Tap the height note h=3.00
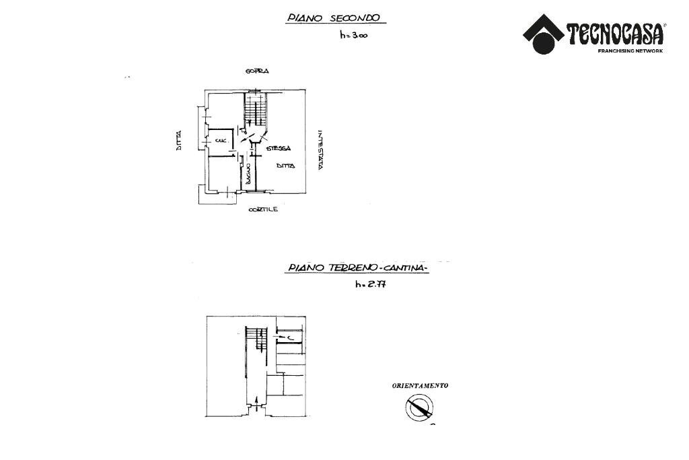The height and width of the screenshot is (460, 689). pos(353,36)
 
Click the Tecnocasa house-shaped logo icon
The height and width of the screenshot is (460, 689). pos(544,34)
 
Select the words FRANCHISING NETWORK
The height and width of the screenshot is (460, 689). pos(630,51)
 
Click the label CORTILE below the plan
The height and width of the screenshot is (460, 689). pos(263,209)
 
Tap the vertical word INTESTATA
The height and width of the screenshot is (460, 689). pos(321,150)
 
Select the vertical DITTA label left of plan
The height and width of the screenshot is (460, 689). pos(179,139)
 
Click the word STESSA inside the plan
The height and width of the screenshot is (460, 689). pos(278,148)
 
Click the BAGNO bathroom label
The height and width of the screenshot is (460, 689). pos(248,174)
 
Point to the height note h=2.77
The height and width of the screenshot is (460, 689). pos(370,284)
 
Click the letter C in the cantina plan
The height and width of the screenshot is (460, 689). pos(288,337)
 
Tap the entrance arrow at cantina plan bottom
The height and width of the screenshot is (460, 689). pos(258,404)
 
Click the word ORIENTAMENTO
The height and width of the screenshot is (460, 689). pos(420,386)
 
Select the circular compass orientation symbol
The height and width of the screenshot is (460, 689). pos(419,408)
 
